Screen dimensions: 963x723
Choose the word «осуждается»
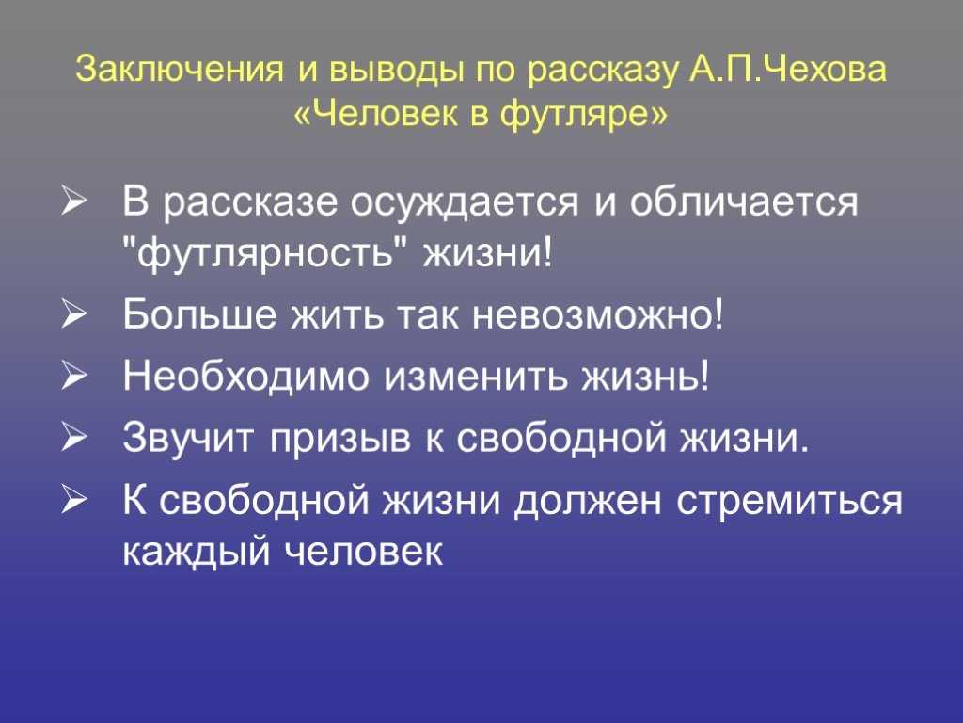465,203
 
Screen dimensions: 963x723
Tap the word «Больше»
199,313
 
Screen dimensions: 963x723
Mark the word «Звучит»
188,438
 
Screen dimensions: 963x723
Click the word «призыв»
340,440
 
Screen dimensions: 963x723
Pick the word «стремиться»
790,501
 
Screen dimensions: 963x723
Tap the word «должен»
588,501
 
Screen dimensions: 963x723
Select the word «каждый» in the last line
197,549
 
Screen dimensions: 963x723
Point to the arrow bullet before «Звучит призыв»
72,439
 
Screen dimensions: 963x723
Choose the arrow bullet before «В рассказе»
72,203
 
